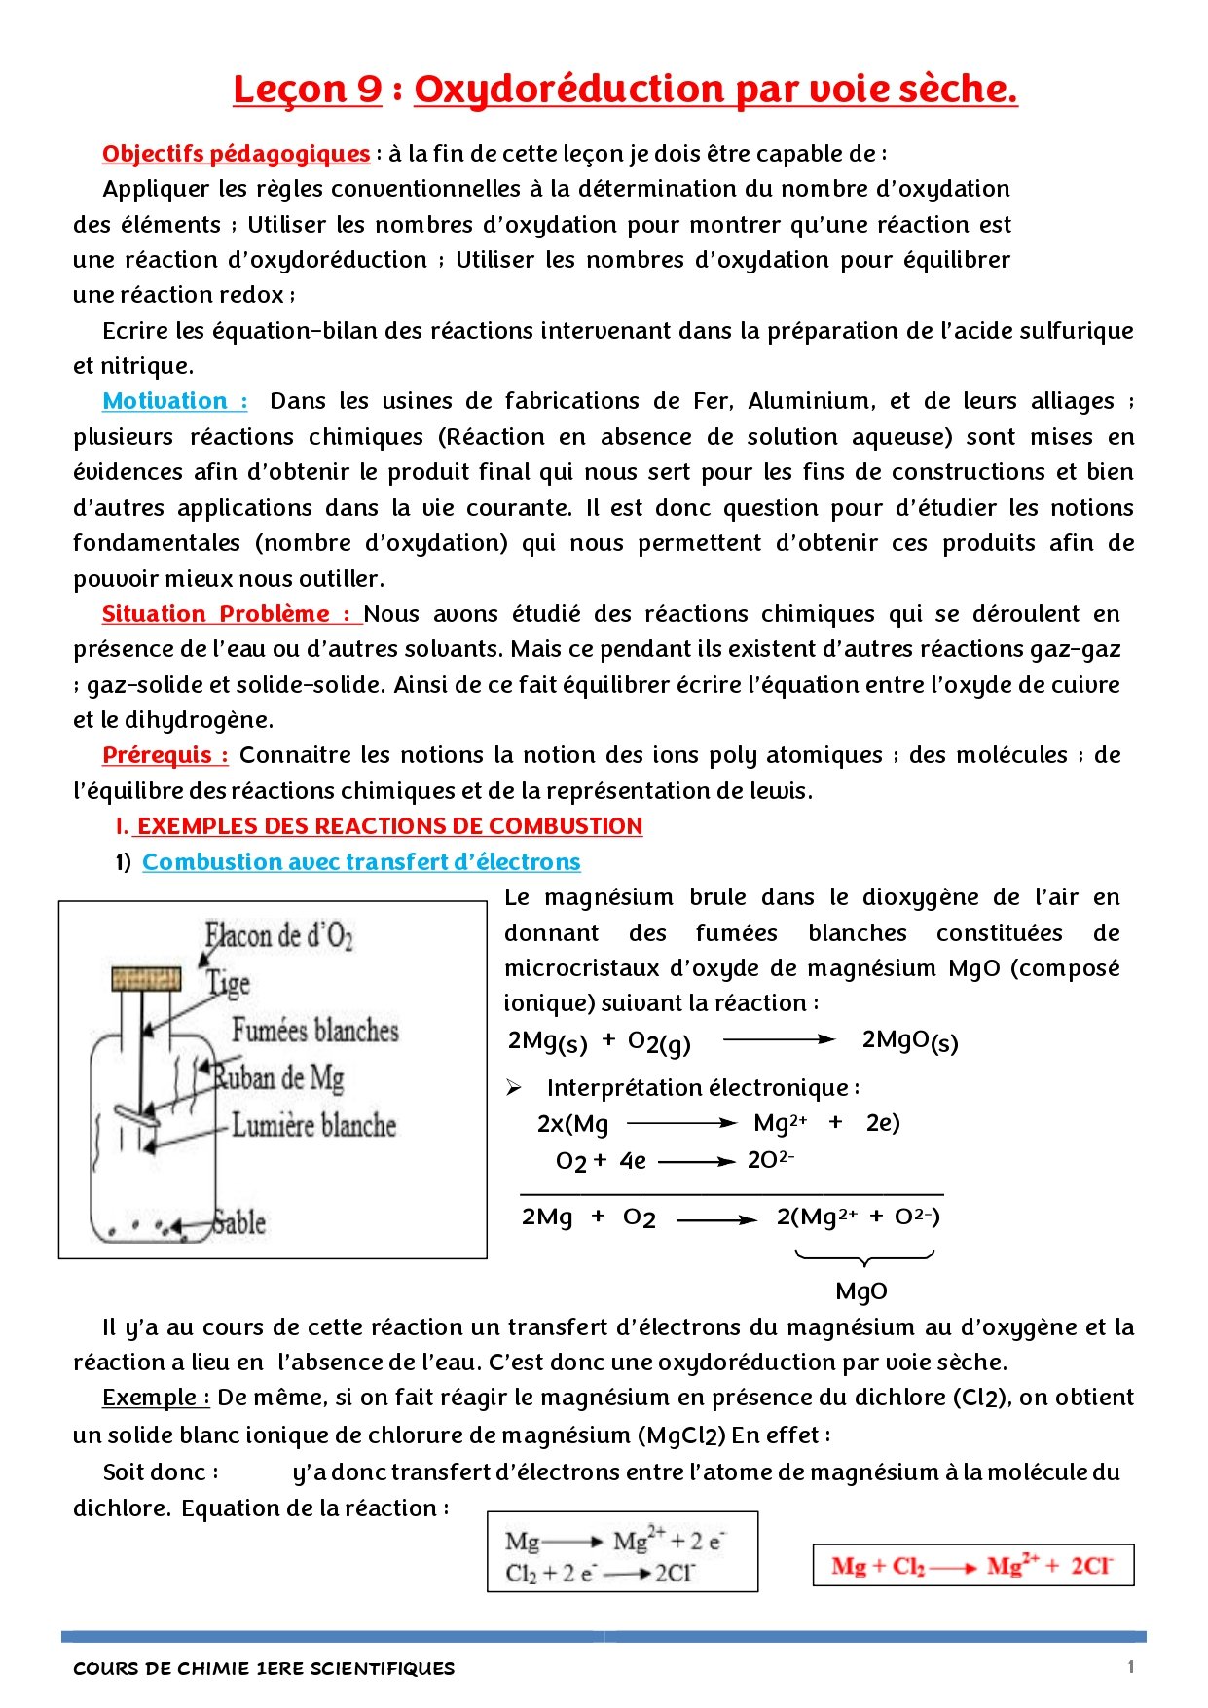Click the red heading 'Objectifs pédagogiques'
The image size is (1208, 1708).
coord(236,154)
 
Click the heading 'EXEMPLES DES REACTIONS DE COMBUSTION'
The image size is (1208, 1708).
coord(389,826)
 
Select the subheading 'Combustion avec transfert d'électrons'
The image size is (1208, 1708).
coord(361,862)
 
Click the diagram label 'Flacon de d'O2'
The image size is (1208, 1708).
coord(278,936)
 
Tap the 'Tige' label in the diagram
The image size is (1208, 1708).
coord(229,983)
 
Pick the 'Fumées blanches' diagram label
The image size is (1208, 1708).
coord(314,1030)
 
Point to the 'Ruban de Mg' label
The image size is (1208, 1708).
coord(279,1077)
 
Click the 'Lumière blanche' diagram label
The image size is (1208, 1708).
coord(313,1125)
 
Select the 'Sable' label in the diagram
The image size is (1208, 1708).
coord(239,1222)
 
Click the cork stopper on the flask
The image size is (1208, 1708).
coord(146,978)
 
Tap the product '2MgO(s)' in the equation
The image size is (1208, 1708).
coord(909,1041)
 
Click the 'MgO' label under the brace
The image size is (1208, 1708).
coord(861,1291)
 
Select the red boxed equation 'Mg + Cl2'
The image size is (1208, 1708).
coord(972,1566)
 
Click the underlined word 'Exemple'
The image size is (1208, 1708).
coord(155,1399)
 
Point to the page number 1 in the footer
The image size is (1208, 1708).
coord(1130,1667)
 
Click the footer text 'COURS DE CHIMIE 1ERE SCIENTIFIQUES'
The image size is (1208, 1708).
coord(264,1668)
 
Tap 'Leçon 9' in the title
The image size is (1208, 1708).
coord(307,90)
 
